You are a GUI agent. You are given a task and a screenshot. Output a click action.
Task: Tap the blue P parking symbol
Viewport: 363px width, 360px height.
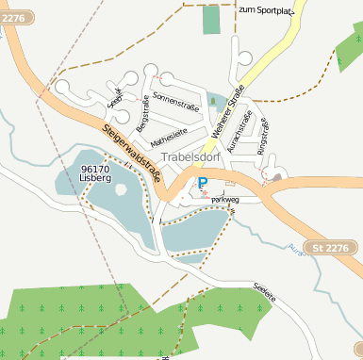pos(202,183)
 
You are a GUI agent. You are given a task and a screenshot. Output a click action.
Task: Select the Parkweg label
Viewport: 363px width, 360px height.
pos(224,200)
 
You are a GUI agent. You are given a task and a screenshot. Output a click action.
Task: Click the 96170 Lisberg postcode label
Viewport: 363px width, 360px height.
pos(96,172)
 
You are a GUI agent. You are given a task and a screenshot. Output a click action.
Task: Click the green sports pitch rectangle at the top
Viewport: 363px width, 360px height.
pos(211,20)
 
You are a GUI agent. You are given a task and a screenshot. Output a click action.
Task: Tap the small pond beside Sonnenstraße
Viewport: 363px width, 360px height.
pos(216,99)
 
